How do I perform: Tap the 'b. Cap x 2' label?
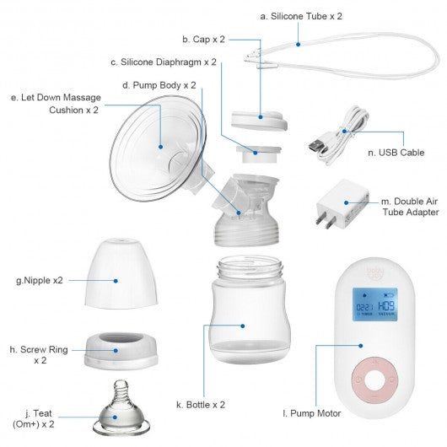point(204,39)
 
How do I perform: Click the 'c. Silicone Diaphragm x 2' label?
point(164,62)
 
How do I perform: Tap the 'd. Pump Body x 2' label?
point(159,85)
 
